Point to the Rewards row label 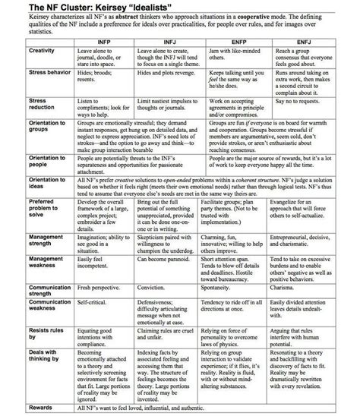click(x=21, y=408)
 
